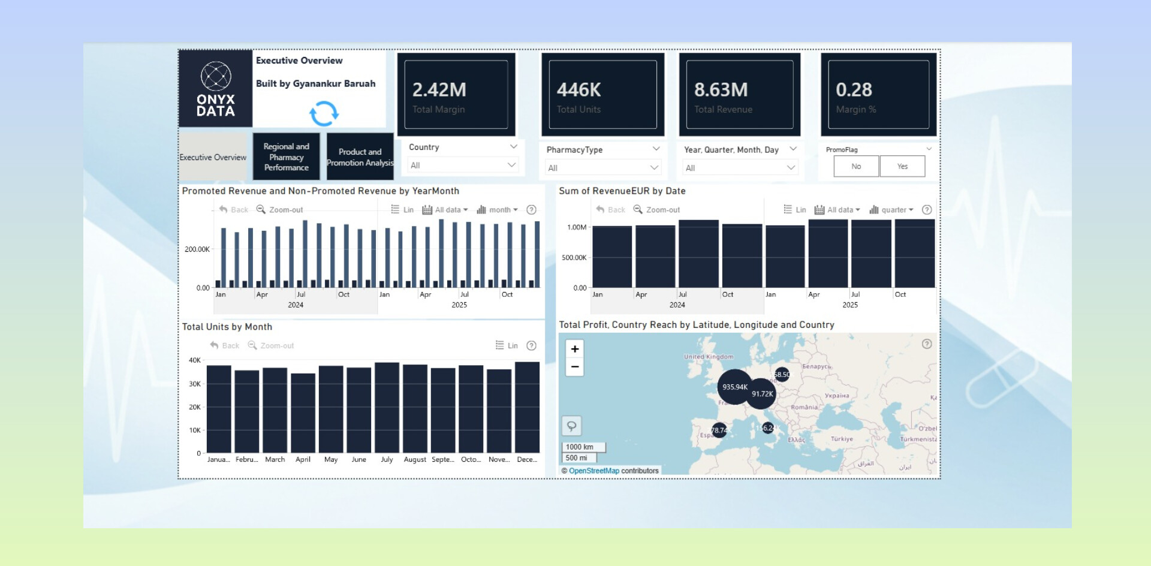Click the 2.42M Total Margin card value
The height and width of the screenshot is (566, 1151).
[439, 90]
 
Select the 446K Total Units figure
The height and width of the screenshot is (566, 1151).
[578, 90]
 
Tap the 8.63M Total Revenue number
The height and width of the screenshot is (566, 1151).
[721, 90]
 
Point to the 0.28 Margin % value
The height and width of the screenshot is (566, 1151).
[854, 90]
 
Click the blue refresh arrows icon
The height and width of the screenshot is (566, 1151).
[324, 113]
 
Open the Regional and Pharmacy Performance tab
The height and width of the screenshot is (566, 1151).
[287, 157]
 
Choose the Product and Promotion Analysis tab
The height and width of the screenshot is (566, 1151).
[360, 157]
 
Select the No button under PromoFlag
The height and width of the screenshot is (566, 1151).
[856, 167]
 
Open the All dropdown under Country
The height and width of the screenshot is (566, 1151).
[462, 165]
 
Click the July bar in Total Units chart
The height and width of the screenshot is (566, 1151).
[387, 408]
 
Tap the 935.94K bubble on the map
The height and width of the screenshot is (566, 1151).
[734, 387]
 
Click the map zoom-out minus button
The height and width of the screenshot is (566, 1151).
[575, 367]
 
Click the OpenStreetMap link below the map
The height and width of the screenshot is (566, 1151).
[593, 471]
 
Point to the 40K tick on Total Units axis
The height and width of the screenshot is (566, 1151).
[195, 360]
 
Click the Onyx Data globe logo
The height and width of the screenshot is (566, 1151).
[216, 77]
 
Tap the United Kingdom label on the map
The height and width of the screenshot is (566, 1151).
[709, 357]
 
